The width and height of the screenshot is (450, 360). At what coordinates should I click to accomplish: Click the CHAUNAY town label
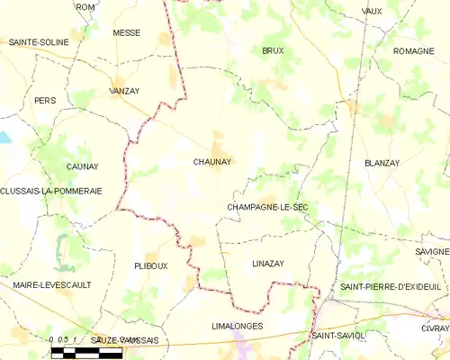(x=212, y=162)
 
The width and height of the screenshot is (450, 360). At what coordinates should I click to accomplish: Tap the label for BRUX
(x=273, y=51)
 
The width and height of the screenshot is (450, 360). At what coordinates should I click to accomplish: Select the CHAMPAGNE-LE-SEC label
(x=267, y=207)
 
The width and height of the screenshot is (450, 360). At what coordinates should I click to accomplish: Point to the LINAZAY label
(x=268, y=263)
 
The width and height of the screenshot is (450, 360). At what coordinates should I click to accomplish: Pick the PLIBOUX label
(x=150, y=266)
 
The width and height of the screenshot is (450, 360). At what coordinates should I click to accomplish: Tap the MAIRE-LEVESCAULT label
(x=50, y=285)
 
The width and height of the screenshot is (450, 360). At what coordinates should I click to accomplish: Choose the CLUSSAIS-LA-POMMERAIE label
(x=51, y=192)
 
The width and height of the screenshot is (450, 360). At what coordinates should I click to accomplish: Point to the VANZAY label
(x=124, y=91)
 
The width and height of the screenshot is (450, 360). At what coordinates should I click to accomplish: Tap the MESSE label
(x=126, y=32)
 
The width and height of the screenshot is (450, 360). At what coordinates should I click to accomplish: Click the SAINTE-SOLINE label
(x=40, y=42)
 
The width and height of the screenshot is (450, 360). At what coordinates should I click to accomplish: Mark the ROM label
(x=85, y=7)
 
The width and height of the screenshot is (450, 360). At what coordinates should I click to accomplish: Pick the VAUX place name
(x=371, y=11)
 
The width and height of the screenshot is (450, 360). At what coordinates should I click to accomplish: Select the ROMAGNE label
(x=414, y=51)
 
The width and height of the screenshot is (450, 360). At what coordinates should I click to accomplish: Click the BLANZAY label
(x=382, y=163)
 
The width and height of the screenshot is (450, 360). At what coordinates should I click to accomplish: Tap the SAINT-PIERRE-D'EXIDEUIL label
(x=390, y=286)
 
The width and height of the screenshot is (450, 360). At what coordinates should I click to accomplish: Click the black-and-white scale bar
(x=85, y=354)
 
